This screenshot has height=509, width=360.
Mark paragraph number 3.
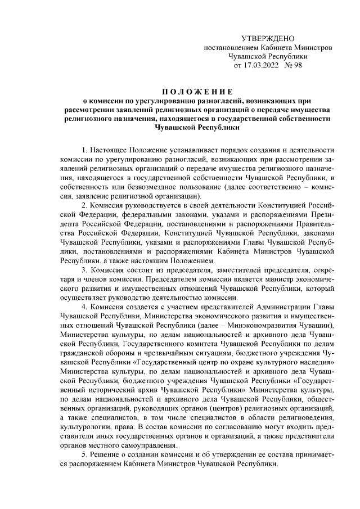(x=84, y=270)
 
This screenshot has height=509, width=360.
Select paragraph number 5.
(x=84, y=454)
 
